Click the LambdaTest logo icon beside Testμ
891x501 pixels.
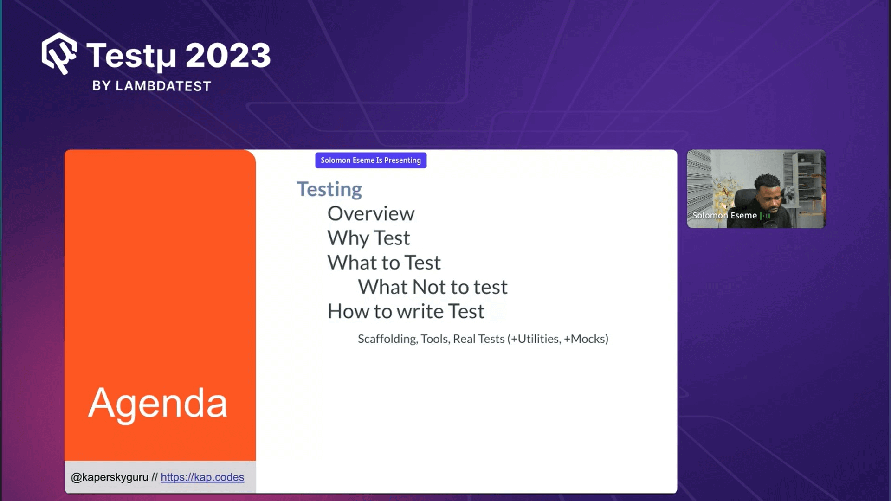point(59,53)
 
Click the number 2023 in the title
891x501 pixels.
point(228,56)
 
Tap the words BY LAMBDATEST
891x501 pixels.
point(152,86)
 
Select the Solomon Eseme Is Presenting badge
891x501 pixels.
point(371,160)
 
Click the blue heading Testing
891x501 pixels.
point(329,189)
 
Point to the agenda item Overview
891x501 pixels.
point(371,213)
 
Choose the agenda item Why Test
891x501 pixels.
point(369,238)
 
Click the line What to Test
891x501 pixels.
point(384,263)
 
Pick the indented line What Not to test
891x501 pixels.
point(433,287)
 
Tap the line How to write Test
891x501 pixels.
point(406,311)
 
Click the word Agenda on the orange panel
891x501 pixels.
point(158,403)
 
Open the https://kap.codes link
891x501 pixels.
point(202,477)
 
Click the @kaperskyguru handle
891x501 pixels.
point(110,477)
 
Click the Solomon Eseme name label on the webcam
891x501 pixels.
point(724,216)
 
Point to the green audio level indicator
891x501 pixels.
point(766,216)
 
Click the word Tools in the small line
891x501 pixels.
point(435,339)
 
